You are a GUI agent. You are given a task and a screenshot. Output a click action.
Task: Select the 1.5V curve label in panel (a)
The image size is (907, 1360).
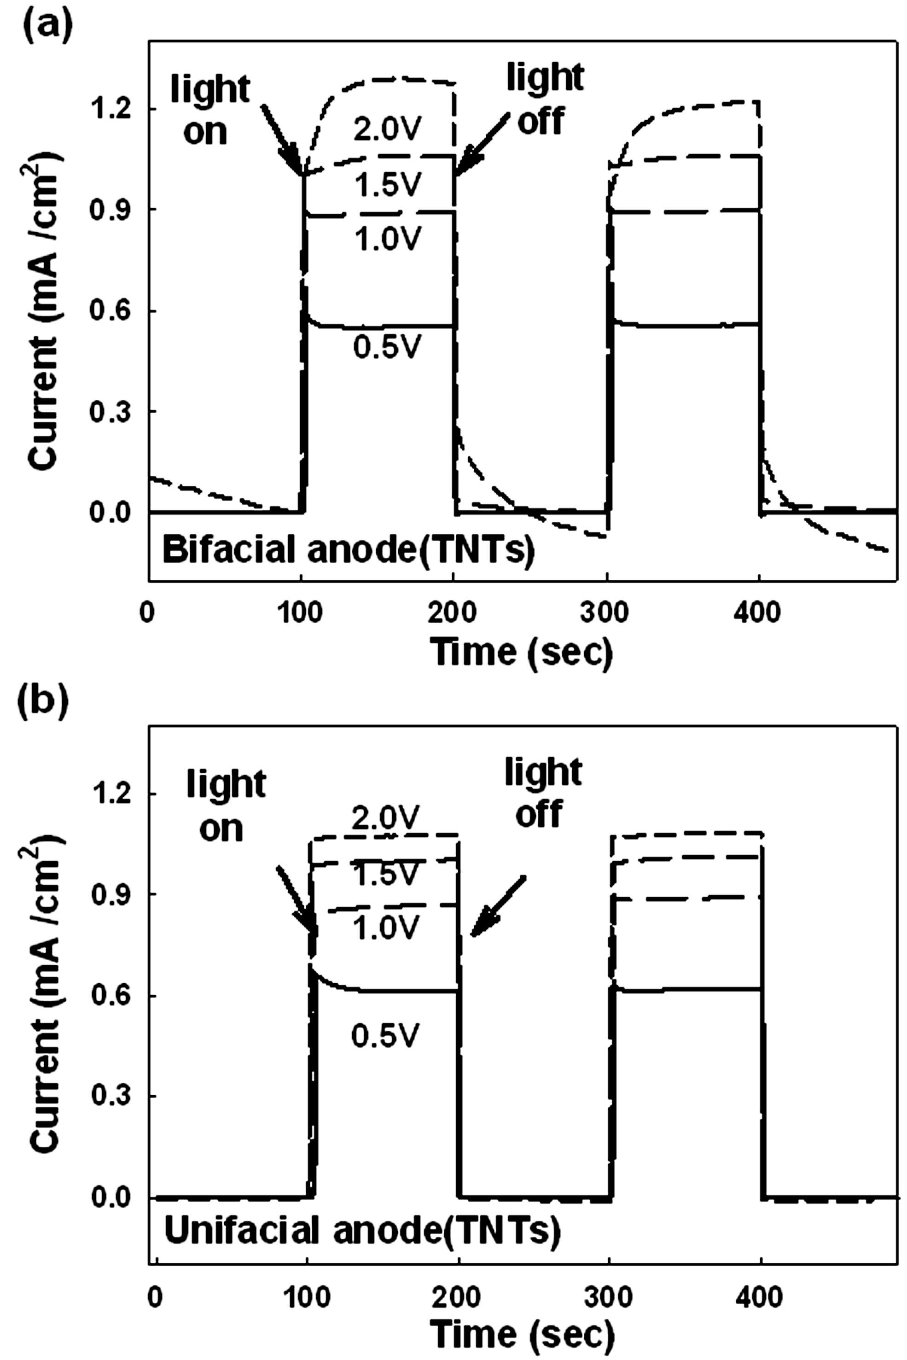pyautogui.click(x=386, y=185)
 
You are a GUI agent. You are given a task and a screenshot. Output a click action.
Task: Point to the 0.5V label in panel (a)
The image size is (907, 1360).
pyautogui.click(x=385, y=347)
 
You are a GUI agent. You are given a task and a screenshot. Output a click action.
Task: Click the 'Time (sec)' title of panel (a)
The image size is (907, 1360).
pyautogui.click(x=521, y=652)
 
